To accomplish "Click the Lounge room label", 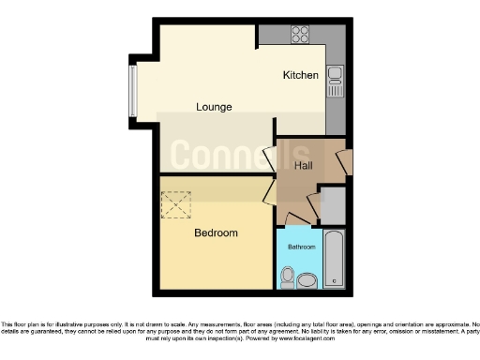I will tap(214, 107).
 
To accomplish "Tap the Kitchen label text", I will tap(301, 75).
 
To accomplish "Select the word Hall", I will tap(304, 166).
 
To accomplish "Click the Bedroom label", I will tap(216, 232).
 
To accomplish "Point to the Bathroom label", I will tap(302, 247).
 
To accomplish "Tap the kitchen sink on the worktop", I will tap(335, 88).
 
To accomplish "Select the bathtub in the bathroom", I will tap(334, 259).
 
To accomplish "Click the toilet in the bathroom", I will tap(307, 278).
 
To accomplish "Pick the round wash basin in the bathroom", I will tap(288, 277).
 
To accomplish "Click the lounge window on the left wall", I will tap(132, 91).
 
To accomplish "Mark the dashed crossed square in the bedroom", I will tap(175, 204).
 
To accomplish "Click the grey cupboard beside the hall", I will tap(332, 203).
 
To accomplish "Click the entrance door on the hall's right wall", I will tap(345, 162).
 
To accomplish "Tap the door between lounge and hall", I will tap(269, 159).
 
